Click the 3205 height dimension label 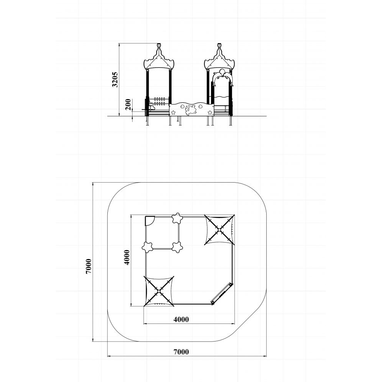click(x=115, y=79)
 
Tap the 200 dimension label click(x=128, y=105)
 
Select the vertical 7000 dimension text click(x=89, y=266)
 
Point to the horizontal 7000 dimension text click(x=181, y=352)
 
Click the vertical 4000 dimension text click(x=127, y=257)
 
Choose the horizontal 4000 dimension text click(x=181, y=319)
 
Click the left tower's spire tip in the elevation click(x=159, y=44)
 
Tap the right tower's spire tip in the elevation click(x=220, y=44)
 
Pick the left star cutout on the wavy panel click(x=173, y=113)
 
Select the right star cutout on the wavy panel click(x=209, y=113)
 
